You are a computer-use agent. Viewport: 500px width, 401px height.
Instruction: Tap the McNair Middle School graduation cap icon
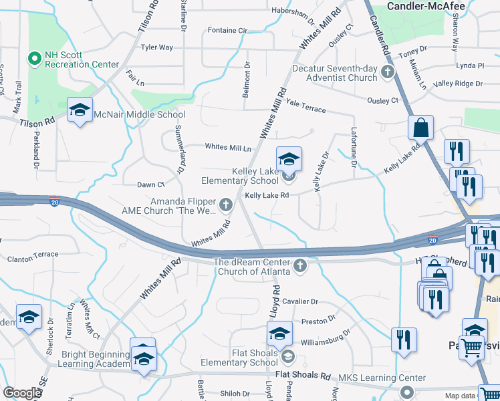(x=80, y=110)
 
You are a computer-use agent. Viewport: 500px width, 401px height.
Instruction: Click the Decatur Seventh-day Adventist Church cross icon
(x=387, y=72)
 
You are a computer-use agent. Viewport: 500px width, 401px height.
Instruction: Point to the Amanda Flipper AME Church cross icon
(x=225, y=203)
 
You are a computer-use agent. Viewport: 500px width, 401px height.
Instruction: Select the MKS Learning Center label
(x=377, y=378)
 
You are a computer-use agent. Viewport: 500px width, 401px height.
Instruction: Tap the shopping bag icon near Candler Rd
(x=421, y=127)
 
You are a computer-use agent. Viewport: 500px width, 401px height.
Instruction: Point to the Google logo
(x=22, y=393)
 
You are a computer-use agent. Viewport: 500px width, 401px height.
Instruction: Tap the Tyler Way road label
(x=156, y=47)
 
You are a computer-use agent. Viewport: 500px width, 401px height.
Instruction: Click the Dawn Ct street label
(x=150, y=184)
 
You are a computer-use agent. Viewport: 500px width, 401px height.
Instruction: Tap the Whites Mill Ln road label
(x=228, y=147)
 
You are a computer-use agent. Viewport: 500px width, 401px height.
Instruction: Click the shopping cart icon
(x=473, y=348)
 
